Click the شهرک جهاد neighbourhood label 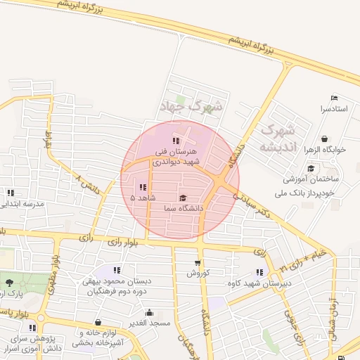(191, 106)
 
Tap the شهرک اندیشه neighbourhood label (276, 139)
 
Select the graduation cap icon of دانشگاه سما (184, 198)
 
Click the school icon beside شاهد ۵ (143, 187)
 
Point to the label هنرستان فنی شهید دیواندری (177, 156)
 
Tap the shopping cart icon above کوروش (198, 263)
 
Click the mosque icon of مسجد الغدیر (148, 313)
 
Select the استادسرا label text (334, 109)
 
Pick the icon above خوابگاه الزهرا (323, 139)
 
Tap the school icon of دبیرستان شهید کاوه (259, 272)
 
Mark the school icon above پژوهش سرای (32, 328)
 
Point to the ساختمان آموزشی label (308, 179)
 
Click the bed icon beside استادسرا (334, 98)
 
